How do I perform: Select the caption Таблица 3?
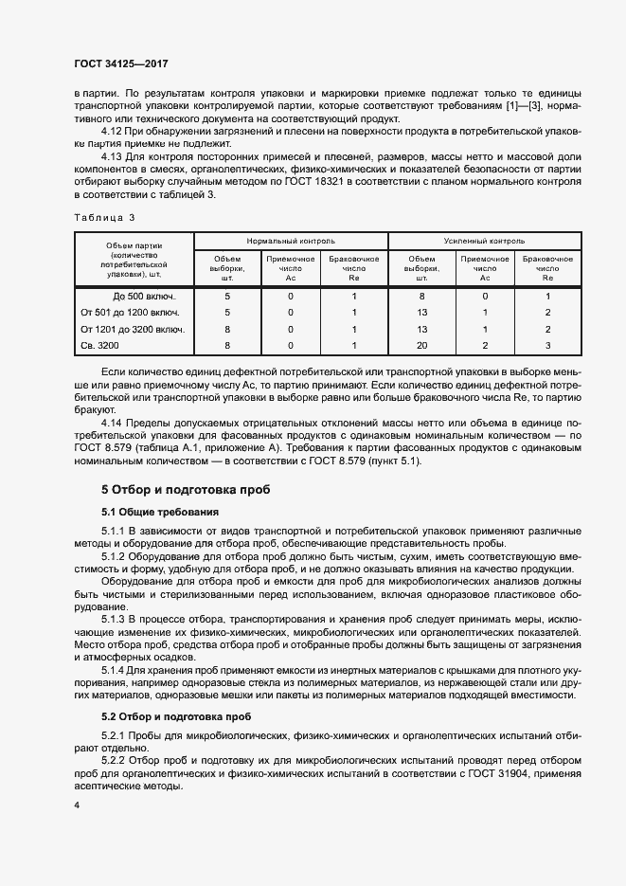(x=105, y=218)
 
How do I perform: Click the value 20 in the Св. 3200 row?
(x=422, y=346)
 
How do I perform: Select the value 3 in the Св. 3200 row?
(x=547, y=346)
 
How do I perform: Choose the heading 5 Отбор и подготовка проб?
(x=186, y=490)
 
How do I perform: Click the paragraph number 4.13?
(x=113, y=155)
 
